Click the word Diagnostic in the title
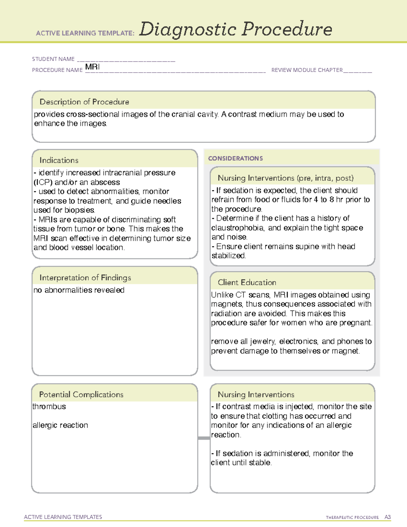click(x=188, y=30)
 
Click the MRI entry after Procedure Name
click(x=92, y=67)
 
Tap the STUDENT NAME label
click(x=53, y=59)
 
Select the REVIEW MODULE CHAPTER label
click(x=307, y=70)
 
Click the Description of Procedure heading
click(x=84, y=102)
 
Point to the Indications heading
click(x=59, y=160)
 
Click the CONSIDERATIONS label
click(x=235, y=158)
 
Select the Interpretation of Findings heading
click(x=85, y=278)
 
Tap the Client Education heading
click(x=247, y=282)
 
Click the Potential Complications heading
click(x=81, y=394)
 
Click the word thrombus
click(x=49, y=407)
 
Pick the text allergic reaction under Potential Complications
click(x=60, y=425)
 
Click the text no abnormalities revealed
click(x=79, y=290)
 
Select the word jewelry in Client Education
click(x=263, y=341)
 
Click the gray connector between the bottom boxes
click(x=204, y=438)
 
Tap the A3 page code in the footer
click(x=387, y=517)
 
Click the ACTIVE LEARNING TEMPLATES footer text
click(x=63, y=517)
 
